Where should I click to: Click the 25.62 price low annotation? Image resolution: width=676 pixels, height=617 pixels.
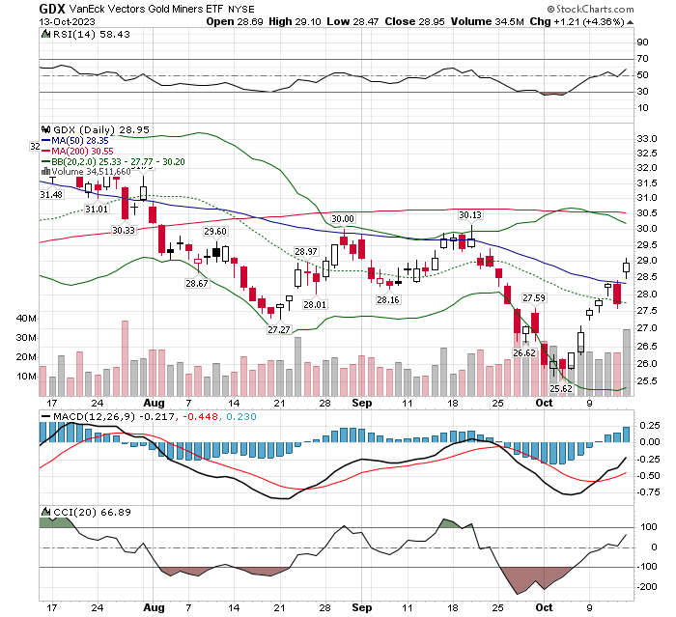(x=562, y=388)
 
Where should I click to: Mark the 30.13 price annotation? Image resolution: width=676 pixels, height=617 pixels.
(x=469, y=214)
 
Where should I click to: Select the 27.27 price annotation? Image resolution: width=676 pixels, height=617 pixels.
(x=278, y=329)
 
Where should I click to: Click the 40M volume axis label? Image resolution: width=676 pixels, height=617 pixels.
(x=26, y=318)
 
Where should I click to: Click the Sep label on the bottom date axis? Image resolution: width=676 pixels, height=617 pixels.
(x=360, y=607)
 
